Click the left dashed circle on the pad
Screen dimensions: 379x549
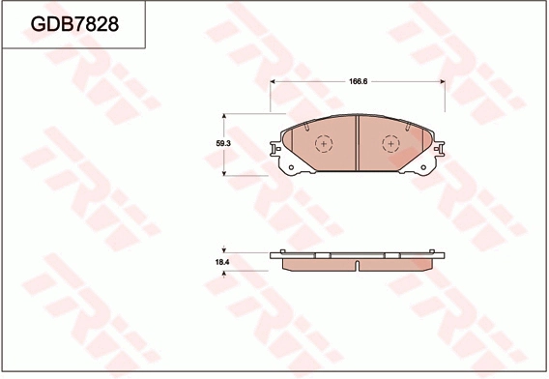tap(323, 144)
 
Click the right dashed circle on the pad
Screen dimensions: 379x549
tap(390, 144)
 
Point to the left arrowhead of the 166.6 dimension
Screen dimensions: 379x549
tap(273, 80)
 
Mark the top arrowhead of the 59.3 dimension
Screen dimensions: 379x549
tap(226, 116)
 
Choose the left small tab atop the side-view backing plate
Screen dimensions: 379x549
tap(282, 251)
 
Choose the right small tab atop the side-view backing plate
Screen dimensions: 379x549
tap(432, 251)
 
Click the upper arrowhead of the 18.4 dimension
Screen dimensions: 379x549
tap(226, 253)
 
